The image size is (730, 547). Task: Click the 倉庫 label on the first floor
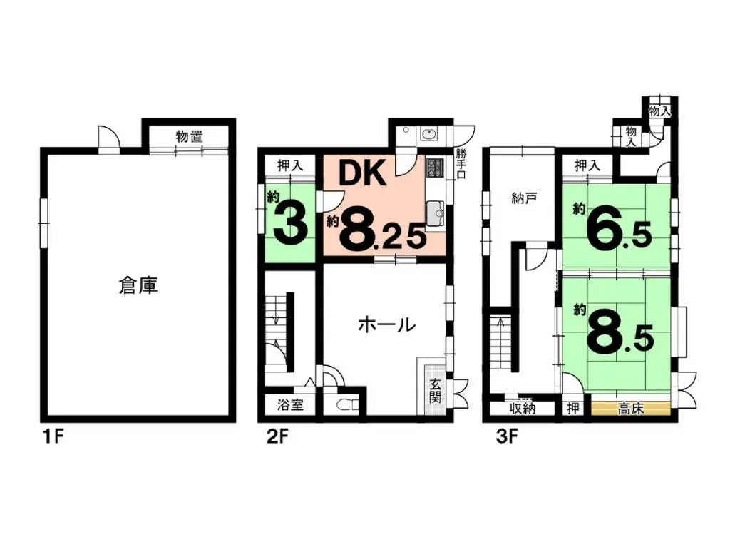click(138, 287)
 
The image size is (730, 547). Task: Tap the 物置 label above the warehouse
click(188, 137)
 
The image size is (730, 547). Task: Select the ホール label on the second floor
click(386, 326)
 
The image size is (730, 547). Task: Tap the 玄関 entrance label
click(435, 390)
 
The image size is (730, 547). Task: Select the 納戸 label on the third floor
click(523, 199)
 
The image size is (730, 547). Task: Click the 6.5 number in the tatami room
click(617, 228)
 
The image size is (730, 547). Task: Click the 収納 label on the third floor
click(523, 409)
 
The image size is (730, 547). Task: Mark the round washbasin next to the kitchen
click(430, 134)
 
